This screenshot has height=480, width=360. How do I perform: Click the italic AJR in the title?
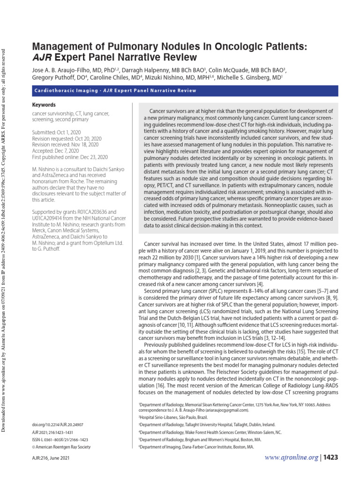point(41,58)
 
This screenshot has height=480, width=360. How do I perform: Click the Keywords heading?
point(44,105)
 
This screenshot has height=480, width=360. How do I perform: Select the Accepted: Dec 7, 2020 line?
point(56,151)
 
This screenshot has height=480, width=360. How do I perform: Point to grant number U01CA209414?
point(51,218)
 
